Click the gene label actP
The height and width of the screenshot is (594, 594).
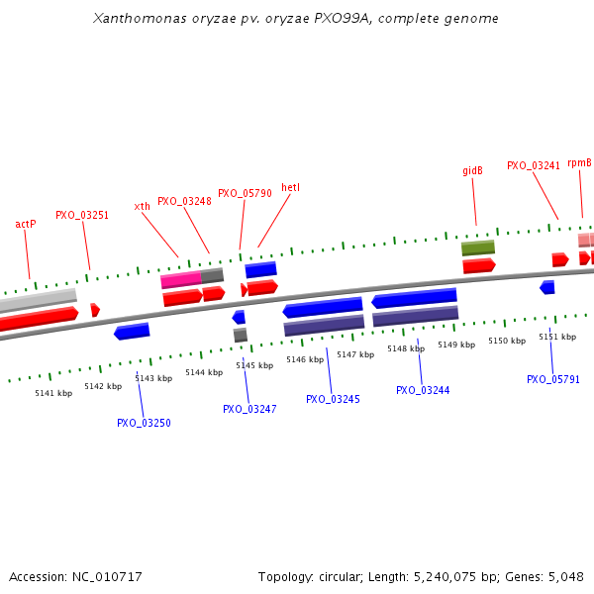[x=26, y=224]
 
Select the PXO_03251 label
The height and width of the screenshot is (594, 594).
[x=82, y=215]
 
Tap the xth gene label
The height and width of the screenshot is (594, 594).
[x=143, y=206]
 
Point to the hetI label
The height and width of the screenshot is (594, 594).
[x=290, y=187]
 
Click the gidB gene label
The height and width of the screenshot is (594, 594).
[x=472, y=170]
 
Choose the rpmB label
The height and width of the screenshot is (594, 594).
[x=579, y=162]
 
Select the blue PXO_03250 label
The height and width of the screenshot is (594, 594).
[x=144, y=423]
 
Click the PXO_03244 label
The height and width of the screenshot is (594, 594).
[x=423, y=390]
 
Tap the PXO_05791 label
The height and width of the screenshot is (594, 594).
[x=553, y=379]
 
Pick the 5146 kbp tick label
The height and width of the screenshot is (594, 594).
[x=304, y=359]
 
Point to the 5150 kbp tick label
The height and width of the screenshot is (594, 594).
[x=506, y=341]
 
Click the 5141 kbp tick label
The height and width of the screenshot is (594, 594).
[x=53, y=393]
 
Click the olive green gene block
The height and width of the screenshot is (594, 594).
[x=478, y=247]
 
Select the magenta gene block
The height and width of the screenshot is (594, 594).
[x=181, y=280]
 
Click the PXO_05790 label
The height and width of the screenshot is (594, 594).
[x=245, y=194]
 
